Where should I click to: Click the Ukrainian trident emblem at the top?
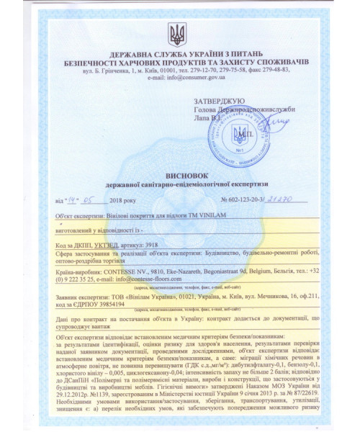[x=177, y=33]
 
